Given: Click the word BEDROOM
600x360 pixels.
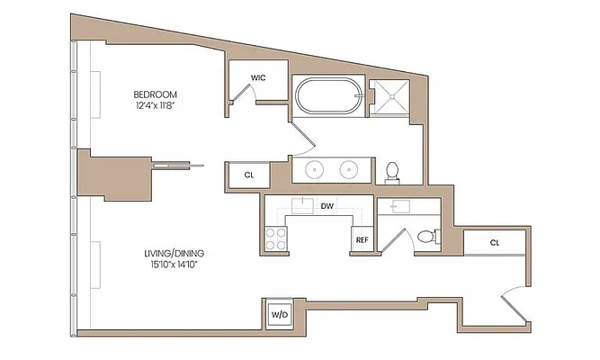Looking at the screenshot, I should click(155, 94).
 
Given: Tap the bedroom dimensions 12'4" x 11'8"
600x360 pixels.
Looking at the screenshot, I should click(155, 107).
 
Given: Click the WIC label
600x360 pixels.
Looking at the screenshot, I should click(257, 77).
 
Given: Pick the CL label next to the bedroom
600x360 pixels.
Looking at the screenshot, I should click(249, 175).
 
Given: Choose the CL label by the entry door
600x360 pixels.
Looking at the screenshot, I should click(495, 243).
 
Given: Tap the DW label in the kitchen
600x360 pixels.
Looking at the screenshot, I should click(327, 206).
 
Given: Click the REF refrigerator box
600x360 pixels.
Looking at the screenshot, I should click(362, 240).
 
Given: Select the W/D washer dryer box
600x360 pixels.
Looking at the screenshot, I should click(279, 315).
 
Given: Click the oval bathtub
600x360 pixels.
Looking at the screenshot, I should click(327, 96).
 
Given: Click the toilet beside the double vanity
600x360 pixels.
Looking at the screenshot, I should click(392, 171).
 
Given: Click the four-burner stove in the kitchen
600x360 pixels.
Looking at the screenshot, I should click(275, 238).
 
